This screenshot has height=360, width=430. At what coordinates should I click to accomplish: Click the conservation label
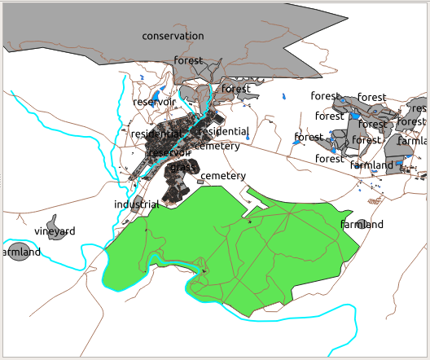point(172,36)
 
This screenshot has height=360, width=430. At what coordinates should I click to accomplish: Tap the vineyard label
point(55,231)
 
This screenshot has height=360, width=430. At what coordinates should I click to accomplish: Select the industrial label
point(136,204)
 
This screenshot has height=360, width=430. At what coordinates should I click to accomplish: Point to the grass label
point(183,167)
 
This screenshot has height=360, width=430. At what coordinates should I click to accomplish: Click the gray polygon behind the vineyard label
point(55,222)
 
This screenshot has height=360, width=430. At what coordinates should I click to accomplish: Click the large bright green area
point(244,244)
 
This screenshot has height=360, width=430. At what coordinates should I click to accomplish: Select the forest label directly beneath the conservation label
point(188,61)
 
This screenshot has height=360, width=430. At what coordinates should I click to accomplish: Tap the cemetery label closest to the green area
point(222,176)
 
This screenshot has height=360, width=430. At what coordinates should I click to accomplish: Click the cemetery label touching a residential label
point(217,147)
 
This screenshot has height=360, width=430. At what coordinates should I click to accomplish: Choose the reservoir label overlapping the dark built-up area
point(169,152)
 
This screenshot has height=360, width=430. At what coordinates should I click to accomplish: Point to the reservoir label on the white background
point(153,102)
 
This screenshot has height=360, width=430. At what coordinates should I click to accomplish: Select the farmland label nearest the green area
point(362,224)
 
